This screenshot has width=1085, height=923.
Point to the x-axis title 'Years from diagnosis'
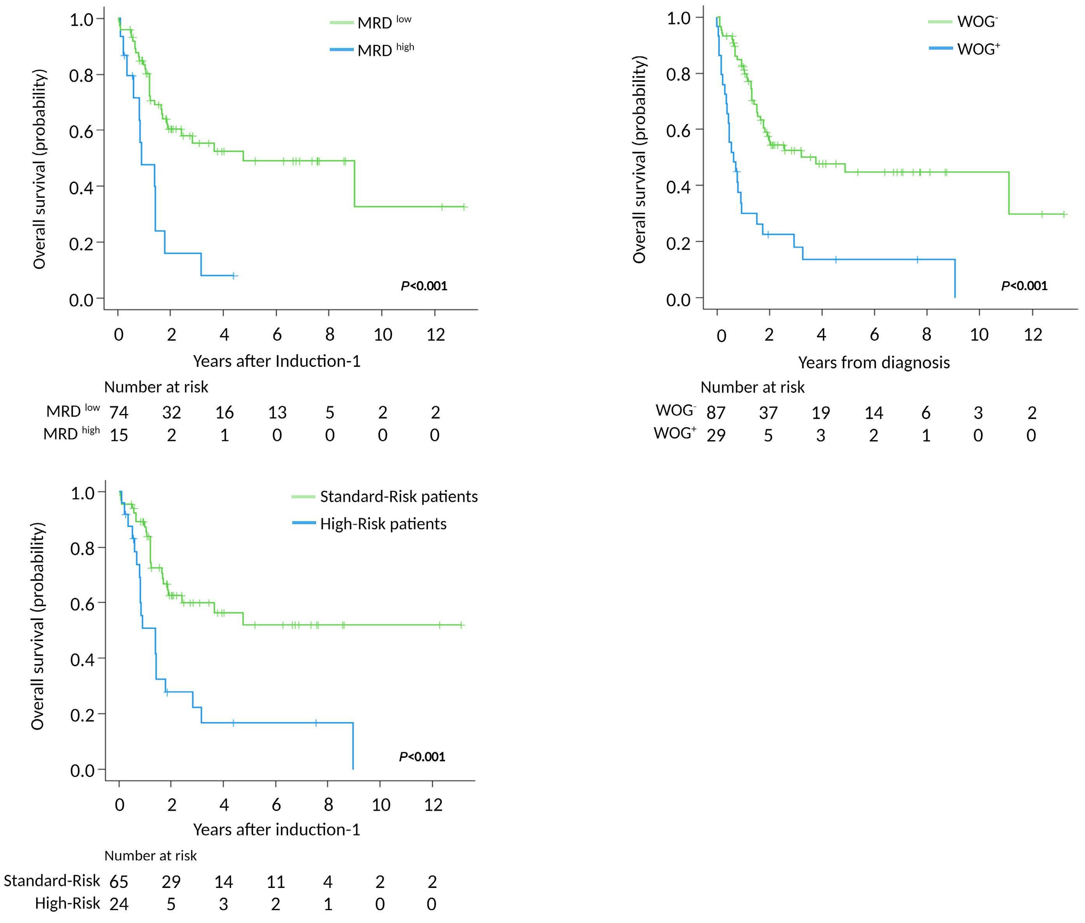click(873, 362)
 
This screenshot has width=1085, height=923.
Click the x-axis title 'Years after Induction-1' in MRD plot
click(277, 361)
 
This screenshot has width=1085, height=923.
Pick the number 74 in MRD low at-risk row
click(119, 412)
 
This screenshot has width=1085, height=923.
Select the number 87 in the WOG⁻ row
click(716, 412)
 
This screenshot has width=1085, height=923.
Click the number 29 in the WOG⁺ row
click(716, 435)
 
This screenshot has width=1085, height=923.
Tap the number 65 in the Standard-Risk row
click(119, 882)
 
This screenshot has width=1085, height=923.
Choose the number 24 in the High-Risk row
click(119, 904)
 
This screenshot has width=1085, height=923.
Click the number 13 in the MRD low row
click(277, 412)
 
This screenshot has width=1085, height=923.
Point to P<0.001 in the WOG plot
click(1024, 286)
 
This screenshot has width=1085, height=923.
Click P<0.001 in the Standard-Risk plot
click(422, 757)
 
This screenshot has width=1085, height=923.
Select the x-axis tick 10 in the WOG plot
click(979, 335)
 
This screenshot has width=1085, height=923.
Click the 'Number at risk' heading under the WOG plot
click(752, 387)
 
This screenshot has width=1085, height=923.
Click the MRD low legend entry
click(384, 23)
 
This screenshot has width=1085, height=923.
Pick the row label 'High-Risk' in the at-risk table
click(67, 903)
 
